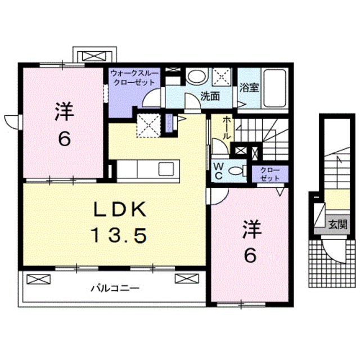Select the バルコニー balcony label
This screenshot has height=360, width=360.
(x=115, y=289)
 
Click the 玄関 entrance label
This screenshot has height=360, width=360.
(x=337, y=224)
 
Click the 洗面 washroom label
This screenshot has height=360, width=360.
(x=210, y=96)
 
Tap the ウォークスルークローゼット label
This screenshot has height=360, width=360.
(x=134, y=78)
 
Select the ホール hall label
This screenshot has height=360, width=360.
(x=226, y=128)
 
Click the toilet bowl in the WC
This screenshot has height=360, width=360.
(x=238, y=170)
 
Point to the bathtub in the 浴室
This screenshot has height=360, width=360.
(x=275, y=88)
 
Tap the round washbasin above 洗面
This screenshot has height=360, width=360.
(x=196, y=77)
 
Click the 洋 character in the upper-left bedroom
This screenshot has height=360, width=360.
(x=64, y=113)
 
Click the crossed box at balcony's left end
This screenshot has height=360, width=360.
(x=35, y=279)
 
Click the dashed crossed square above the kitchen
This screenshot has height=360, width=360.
(x=150, y=124)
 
